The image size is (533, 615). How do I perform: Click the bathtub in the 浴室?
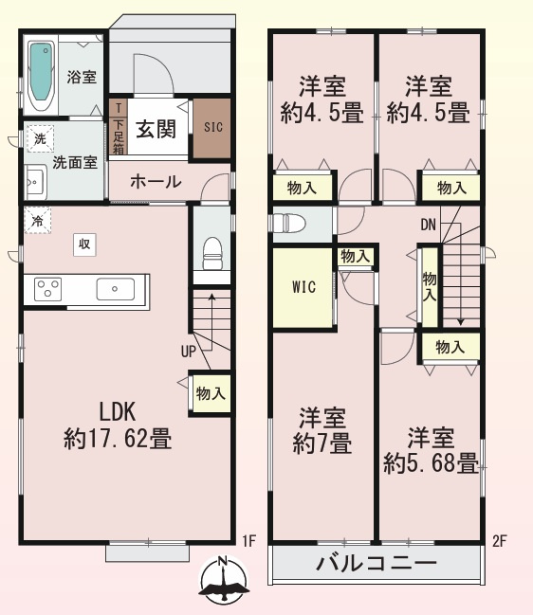[x=41, y=71]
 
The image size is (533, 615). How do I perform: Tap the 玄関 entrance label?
[x=156, y=130]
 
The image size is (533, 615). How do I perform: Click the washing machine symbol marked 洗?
[x=39, y=138]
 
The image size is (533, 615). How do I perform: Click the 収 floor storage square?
[x=84, y=244]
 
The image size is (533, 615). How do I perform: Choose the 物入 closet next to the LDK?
[x=211, y=392]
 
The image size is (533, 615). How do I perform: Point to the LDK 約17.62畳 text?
[x=118, y=425]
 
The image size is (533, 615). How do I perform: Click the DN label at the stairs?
[x=430, y=225]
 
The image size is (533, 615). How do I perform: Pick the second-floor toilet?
[x=288, y=224]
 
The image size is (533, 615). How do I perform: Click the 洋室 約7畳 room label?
[x=322, y=429]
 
